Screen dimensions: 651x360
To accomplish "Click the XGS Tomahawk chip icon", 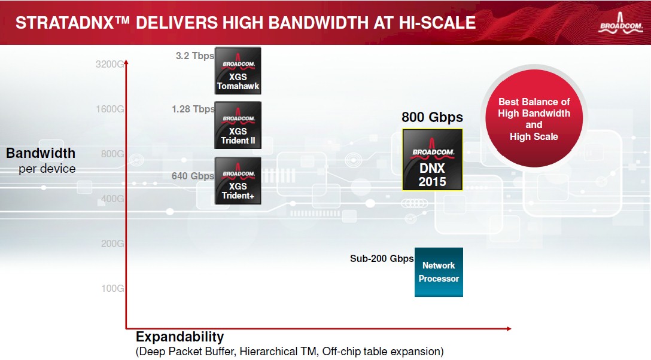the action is point(238,71).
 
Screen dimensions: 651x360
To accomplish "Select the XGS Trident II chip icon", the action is point(238,125).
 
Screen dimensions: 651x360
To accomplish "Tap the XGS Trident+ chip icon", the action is point(238,181).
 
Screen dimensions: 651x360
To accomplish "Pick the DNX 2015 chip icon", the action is point(432,160).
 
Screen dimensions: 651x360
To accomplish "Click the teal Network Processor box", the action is point(439,272).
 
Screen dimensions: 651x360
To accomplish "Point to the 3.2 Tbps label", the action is point(194,56).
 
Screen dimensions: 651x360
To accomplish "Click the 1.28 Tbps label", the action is point(193,109).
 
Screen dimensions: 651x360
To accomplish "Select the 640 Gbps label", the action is point(193,176).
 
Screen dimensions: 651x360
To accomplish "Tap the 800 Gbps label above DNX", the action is point(432,117).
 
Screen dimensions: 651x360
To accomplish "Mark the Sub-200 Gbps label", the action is point(382,258).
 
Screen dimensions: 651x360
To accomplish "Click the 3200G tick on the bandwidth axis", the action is point(109,64).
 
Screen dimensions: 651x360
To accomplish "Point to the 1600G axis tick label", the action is point(109,109).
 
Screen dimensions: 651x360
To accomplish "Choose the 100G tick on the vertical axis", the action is point(112,288).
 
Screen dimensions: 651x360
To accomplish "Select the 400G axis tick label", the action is point(112,199).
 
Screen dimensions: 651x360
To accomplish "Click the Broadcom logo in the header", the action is point(620,23).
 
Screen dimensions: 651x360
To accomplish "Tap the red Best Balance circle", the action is point(534,118).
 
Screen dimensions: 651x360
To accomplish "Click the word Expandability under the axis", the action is point(180,336).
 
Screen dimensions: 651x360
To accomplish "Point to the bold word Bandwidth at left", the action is point(41,153).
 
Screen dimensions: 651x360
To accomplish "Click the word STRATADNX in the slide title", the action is point(65,23).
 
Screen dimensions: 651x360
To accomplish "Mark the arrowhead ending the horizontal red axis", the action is point(508,328).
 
